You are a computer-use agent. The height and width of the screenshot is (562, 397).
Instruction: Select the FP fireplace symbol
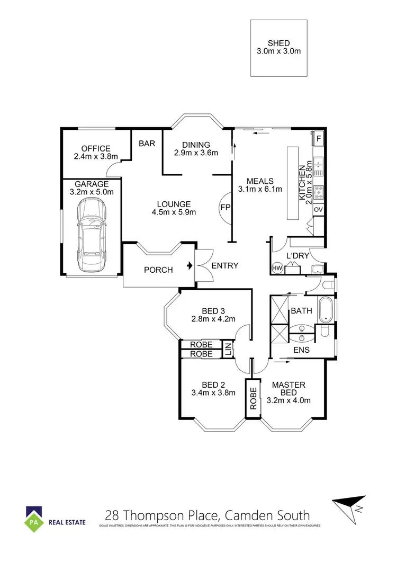[x=225, y=207]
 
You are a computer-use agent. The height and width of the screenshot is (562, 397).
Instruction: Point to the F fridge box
[x=318, y=139]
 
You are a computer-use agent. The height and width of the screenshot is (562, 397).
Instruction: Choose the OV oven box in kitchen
[x=318, y=210]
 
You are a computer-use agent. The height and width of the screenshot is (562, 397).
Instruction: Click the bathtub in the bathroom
[x=325, y=310]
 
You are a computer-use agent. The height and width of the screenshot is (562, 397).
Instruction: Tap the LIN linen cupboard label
[x=228, y=350]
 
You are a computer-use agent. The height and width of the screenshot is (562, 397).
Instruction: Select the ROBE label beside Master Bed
[x=253, y=397]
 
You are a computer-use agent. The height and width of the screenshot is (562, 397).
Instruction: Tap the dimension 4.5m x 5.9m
[x=174, y=213]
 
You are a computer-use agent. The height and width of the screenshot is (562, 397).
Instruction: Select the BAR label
[x=147, y=143]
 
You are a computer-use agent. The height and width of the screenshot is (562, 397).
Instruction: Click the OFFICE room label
[x=95, y=148]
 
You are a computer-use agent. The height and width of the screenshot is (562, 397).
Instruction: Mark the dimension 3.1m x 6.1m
[x=260, y=188]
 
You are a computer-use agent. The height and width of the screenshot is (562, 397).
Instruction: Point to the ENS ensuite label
[x=301, y=350]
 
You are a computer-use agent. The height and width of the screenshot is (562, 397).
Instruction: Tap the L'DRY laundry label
[x=297, y=256]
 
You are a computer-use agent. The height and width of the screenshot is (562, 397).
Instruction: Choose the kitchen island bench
[x=293, y=183]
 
